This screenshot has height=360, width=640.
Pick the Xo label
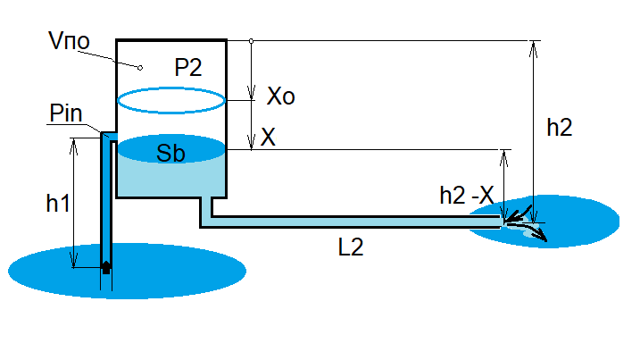[x=280, y=97]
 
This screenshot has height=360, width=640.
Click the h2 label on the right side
[x=560, y=127]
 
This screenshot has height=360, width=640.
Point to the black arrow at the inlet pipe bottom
[x=106, y=266]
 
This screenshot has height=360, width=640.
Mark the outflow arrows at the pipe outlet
[x=525, y=226]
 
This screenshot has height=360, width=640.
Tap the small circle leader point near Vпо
[x=139, y=67]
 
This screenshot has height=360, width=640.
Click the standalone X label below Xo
[x=267, y=138]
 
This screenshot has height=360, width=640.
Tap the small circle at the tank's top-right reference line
[x=252, y=41]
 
